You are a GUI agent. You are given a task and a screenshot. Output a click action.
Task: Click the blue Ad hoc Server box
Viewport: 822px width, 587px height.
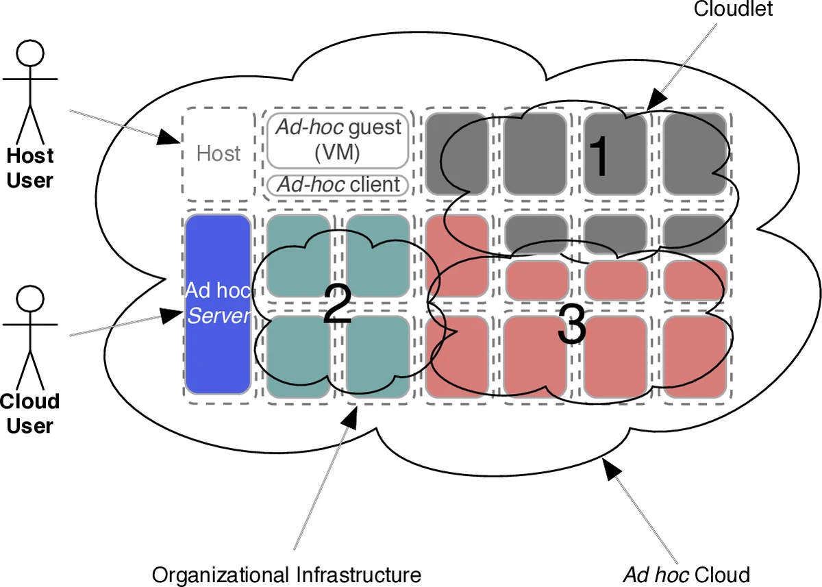coord(217,304)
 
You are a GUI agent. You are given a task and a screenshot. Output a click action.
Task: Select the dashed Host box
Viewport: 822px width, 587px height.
coord(218,153)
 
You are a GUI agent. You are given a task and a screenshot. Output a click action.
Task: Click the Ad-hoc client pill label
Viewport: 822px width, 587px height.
coord(338,185)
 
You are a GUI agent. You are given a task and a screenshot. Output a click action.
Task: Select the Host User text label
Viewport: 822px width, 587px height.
coord(29,168)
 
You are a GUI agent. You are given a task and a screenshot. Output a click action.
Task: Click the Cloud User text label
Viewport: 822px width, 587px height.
coord(29,414)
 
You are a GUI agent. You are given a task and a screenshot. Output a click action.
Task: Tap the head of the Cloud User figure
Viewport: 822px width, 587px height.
coord(29,299)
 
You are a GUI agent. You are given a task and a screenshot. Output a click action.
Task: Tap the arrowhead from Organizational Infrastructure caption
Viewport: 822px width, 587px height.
coord(350,416)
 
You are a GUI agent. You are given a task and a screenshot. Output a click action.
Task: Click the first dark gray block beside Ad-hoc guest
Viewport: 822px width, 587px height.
coord(456,153)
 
